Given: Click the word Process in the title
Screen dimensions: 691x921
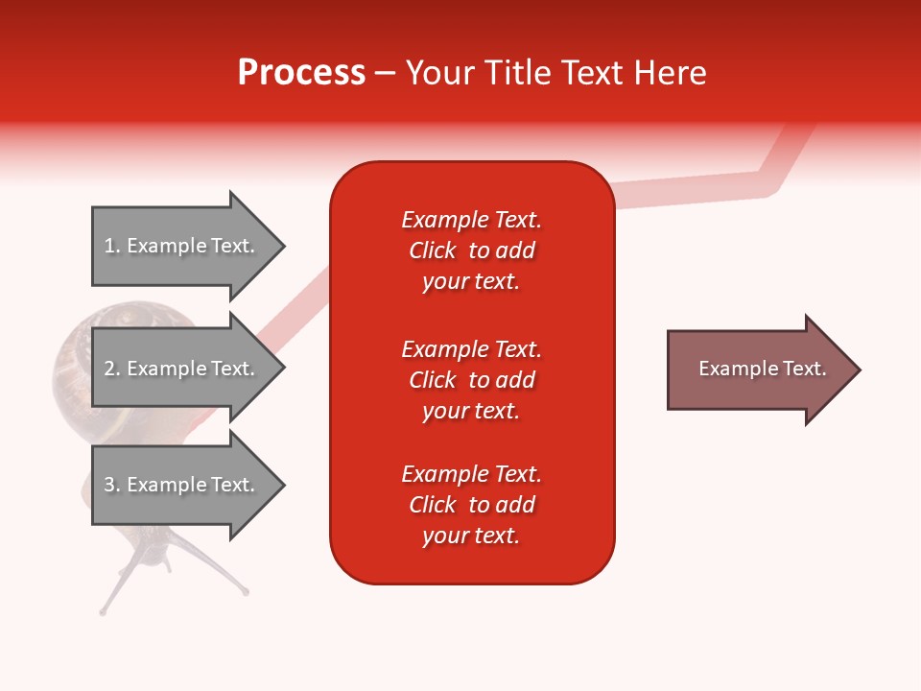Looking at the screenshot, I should coord(301,73).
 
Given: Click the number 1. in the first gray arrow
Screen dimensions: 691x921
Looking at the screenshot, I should coord(112,246).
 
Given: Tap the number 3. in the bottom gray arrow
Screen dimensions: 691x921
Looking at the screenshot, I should coord(112,485).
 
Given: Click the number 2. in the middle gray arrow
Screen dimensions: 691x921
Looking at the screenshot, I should coord(112,369).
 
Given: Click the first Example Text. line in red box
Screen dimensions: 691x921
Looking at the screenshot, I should coord(471,220).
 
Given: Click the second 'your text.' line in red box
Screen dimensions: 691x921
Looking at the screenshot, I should coord(471,411).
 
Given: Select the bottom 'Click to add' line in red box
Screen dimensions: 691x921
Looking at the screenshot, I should coord(471,505).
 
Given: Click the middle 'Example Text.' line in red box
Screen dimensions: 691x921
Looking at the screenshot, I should coord(471,348).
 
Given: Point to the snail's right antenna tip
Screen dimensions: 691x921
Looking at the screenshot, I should coord(246,592).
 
